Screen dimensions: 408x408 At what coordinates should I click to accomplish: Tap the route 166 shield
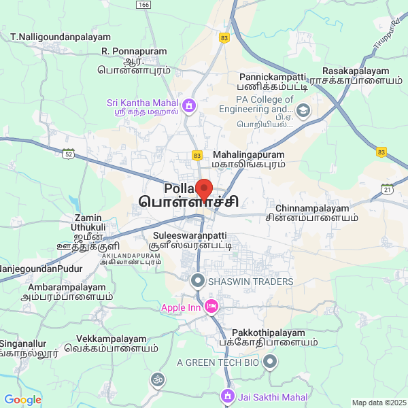[x=143, y=5]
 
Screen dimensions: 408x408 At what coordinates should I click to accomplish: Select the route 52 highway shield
[x=68, y=154]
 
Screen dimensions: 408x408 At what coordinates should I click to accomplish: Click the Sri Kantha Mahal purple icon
[x=188, y=105]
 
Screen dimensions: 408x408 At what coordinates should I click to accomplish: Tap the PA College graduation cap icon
[x=303, y=110]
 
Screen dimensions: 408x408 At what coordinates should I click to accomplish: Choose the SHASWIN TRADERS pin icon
[x=198, y=280]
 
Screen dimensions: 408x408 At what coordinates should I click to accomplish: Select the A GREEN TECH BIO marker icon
[x=271, y=362]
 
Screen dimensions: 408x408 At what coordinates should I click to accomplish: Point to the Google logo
[x=23, y=400]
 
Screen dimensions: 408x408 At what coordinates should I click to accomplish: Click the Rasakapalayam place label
[x=356, y=71]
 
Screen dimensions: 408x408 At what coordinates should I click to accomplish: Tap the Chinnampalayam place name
[x=312, y=208]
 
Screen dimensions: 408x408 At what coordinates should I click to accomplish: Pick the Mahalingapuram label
[x=249, y=155]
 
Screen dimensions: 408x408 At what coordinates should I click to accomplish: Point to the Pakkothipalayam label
[x=269, y=333]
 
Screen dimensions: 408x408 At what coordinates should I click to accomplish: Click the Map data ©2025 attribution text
[x=379, y=403]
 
